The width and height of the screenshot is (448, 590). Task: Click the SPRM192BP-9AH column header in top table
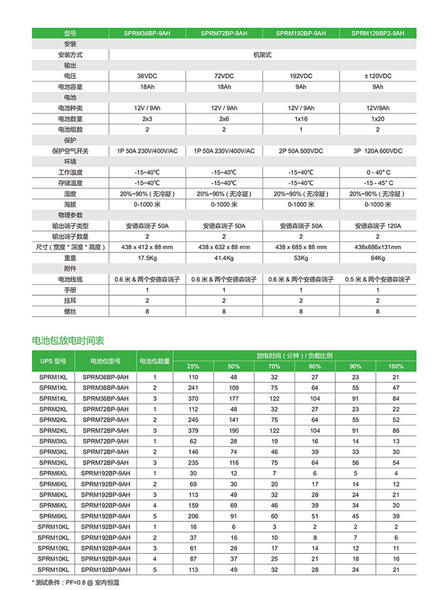tap(301, 33)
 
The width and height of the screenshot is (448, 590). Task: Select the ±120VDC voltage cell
tap(378, 76)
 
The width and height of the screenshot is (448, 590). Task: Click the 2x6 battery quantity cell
tap(224, 119)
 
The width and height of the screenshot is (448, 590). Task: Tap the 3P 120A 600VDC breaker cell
tap(378, 151)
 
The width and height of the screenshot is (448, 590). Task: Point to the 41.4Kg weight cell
tap(224, 258)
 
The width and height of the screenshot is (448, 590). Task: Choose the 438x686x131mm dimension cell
tap(378, 247)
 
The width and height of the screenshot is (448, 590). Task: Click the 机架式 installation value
tap(262, 55)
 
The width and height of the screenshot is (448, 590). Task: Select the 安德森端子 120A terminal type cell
tap(378, 226)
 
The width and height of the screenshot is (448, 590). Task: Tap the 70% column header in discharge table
tap(274, 366)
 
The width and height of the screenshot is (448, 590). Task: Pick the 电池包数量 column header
tap(154, 361)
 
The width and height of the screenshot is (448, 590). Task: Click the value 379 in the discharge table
tap(193, 431)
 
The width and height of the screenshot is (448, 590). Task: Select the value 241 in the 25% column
tap(193, 388)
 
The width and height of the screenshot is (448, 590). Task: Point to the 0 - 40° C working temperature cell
tap(378, 172)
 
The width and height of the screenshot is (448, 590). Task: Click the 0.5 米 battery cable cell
tap(378, 279)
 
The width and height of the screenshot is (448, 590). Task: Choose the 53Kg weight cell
tap(301, 258)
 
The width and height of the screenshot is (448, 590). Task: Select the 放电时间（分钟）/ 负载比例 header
tap(295, 355)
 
